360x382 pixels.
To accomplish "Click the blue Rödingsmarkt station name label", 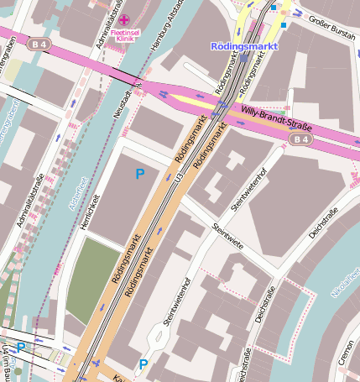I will pos(244,46).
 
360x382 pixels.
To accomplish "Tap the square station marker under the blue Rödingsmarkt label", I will pos(243,58).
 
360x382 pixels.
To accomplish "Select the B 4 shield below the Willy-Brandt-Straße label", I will pos(303,139).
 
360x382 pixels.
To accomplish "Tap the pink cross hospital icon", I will pos(124,19).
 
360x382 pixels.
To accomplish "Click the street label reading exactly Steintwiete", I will pos(227,236).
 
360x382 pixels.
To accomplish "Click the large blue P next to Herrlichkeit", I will pos(140,174).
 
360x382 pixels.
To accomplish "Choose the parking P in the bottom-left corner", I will pos(21,347).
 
